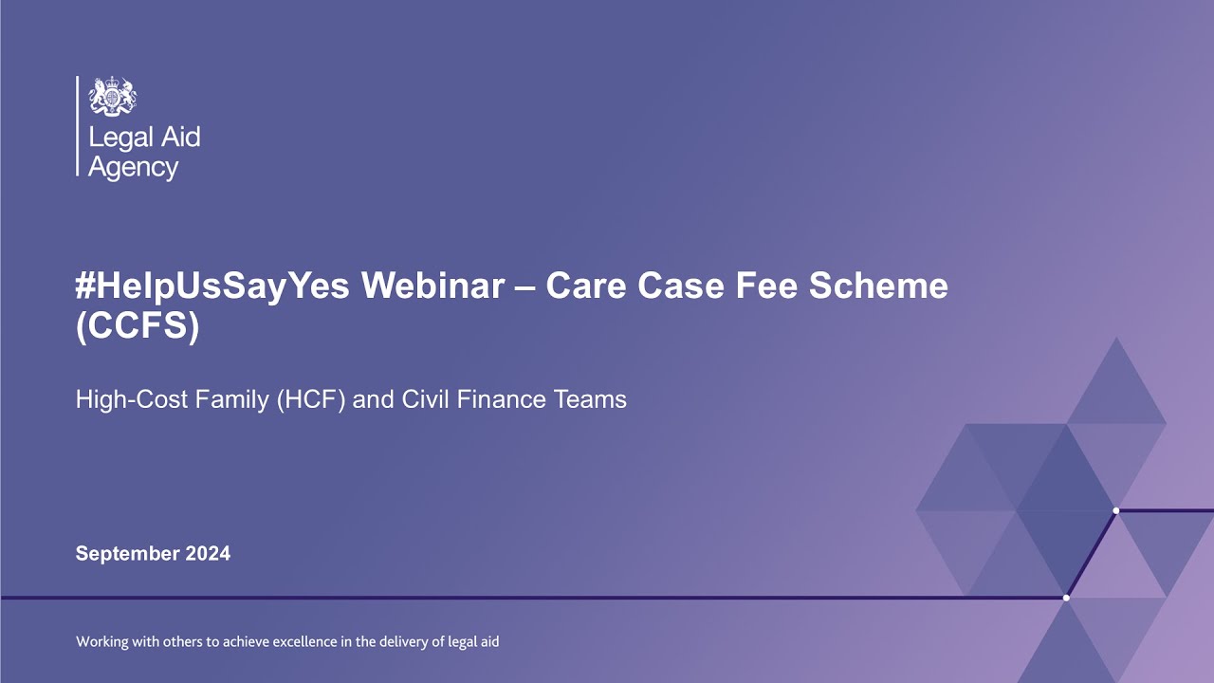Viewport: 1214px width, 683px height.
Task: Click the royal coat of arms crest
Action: pos(112,97)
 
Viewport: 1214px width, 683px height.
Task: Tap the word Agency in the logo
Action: pos(133,169)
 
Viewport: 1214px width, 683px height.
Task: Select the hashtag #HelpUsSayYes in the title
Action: pos(193,286)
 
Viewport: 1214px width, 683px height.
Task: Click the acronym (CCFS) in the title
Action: pos(137,326)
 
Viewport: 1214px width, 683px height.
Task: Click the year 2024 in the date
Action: pos(206,554)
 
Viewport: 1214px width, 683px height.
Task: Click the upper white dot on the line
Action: pos(1115,511)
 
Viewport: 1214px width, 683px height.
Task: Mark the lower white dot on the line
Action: pos(1066,598)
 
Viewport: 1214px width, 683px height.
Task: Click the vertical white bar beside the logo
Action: pos(78,126)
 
